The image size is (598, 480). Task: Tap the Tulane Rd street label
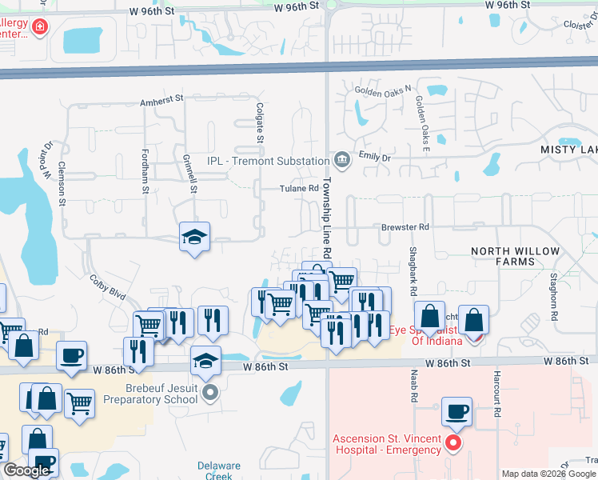[299, 189]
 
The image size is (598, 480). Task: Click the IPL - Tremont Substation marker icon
[342, 160]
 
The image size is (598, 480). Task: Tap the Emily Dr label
[374, 157]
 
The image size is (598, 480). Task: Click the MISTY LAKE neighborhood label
[568, 150]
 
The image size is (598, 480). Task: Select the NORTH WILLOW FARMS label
[515, 256]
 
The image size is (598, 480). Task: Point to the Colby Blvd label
[108, 287]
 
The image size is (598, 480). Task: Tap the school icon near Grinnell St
[194, 238]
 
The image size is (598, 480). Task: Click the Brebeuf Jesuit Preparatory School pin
[210, 391]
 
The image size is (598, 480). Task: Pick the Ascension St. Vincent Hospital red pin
[454, 442]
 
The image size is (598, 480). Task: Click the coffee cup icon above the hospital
[456, 412]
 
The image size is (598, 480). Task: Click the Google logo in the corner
[26, 470]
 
